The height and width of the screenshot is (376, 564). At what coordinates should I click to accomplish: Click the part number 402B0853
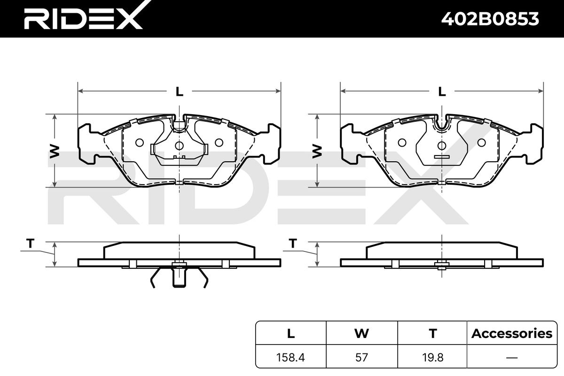click(490, 19)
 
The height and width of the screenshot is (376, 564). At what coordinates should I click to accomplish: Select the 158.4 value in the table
click(290, 357)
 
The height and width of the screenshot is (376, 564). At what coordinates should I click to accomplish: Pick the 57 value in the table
click(361, 357)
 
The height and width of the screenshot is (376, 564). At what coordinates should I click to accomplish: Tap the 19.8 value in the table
click(432, 357)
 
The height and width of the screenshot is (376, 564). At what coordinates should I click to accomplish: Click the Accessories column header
click(512, 333)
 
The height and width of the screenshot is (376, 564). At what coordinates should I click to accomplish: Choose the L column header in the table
click(291, 333)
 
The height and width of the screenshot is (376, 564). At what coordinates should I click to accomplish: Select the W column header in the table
click(361, 333)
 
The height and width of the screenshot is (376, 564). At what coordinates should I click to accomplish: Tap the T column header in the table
click(433, 333)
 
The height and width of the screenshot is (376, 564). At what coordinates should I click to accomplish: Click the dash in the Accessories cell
click(512, 358)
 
